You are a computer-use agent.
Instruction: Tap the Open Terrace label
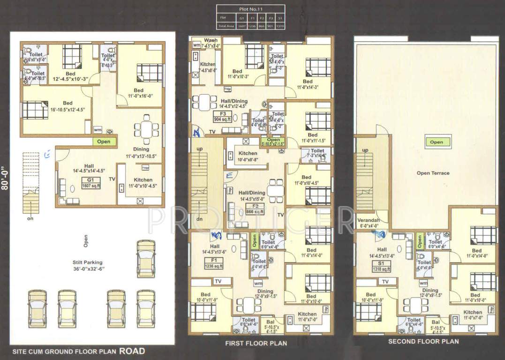pos(433,173)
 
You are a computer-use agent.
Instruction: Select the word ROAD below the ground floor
pos(132,351)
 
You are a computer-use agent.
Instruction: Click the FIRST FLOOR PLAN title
pos(256,343)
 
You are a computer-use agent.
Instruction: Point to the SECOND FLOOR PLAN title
pos(423,342)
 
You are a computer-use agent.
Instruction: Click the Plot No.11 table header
pos(251,8)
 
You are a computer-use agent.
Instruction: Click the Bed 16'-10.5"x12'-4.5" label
pos(68,106)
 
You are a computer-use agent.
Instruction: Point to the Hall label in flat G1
pos(89,166)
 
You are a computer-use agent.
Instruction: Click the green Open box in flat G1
pos(104,141)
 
